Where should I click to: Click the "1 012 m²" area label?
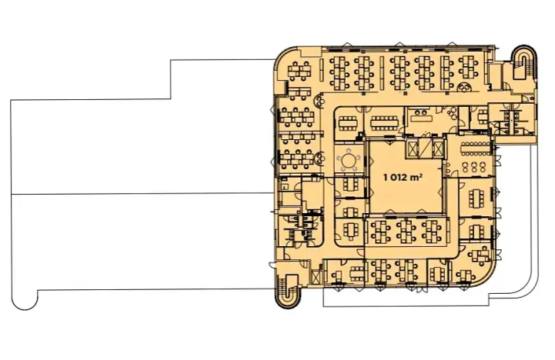(x=403, y=176)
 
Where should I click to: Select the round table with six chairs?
(x=349, y=161)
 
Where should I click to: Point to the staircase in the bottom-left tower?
(x=288, y=291)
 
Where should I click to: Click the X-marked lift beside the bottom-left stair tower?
(x=316, y=277)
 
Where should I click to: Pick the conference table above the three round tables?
(x=476, y=148)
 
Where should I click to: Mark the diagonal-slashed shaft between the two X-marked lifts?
(x=425, y=147)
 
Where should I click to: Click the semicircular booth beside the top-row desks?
(x=463, y=88)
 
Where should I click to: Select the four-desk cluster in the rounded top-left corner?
(x=299, y=70)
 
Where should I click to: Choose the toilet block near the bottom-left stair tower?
(x=299, y=229)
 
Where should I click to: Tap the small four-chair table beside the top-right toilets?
(x=483, y=116)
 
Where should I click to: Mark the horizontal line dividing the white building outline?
(x=142, y=194)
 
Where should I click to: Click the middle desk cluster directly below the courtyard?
(x=406, y=231)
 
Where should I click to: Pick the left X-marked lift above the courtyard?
(x=413, y=148)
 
